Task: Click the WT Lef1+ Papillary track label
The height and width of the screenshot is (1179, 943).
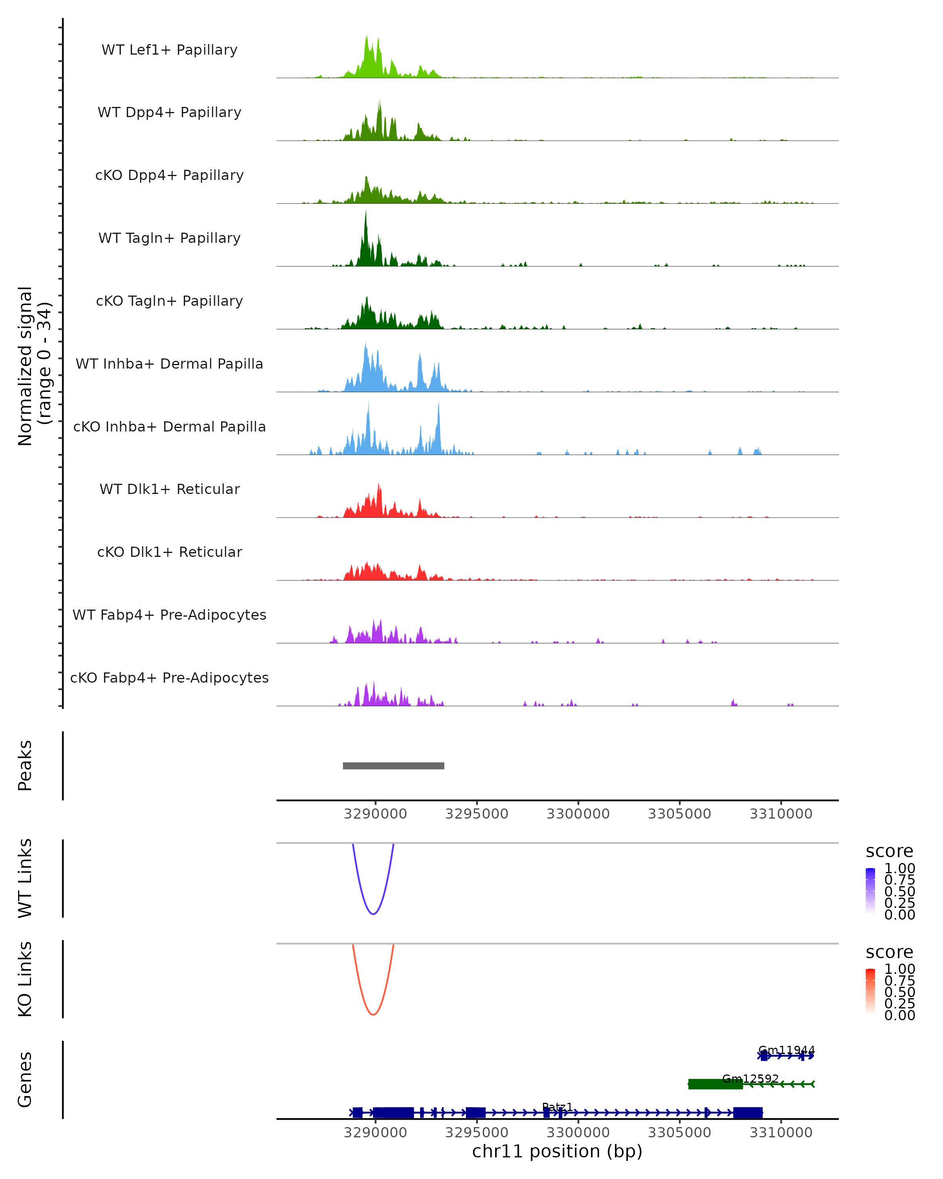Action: (x=169, y=50)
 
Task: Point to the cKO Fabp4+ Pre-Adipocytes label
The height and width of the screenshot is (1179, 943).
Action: (x=169, y=678)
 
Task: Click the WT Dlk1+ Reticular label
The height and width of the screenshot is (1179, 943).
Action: (x=169, y=489)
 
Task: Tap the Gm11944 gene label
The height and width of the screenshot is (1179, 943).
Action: (x=786, y=1050)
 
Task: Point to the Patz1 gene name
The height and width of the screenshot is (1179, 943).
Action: (x=557, y=1107)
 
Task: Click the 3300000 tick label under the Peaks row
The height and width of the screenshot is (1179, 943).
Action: (x=578, y=814)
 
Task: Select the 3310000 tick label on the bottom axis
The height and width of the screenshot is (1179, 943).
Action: (x=781, y=1133)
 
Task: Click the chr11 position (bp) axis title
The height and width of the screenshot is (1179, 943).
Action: (x=557, y=1151)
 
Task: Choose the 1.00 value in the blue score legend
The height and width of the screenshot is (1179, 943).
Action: (x=899, y=869)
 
